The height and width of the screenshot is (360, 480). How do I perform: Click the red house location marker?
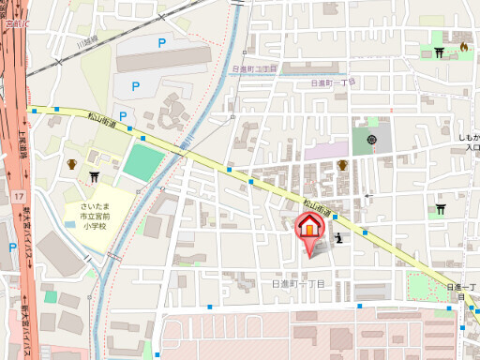click(310, 228)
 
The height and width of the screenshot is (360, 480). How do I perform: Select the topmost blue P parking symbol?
click(161, 42)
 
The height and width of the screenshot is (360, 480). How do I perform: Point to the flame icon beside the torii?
click(462, 48)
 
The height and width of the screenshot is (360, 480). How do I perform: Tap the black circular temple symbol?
click(372, 141)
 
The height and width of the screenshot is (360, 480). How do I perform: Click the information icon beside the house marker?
click(338, 239)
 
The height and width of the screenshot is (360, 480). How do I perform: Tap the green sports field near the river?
click(142, 162)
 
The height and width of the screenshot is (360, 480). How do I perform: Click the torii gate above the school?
click(94, 175)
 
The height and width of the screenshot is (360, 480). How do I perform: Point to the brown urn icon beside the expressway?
click(70, 165)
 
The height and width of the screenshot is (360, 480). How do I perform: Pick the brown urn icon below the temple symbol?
click(342, 166)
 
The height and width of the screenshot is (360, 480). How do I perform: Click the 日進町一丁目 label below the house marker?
click(298, 282)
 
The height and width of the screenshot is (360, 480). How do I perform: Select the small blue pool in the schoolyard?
click(51, 296)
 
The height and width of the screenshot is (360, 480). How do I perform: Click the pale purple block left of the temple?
click(324, 150)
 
